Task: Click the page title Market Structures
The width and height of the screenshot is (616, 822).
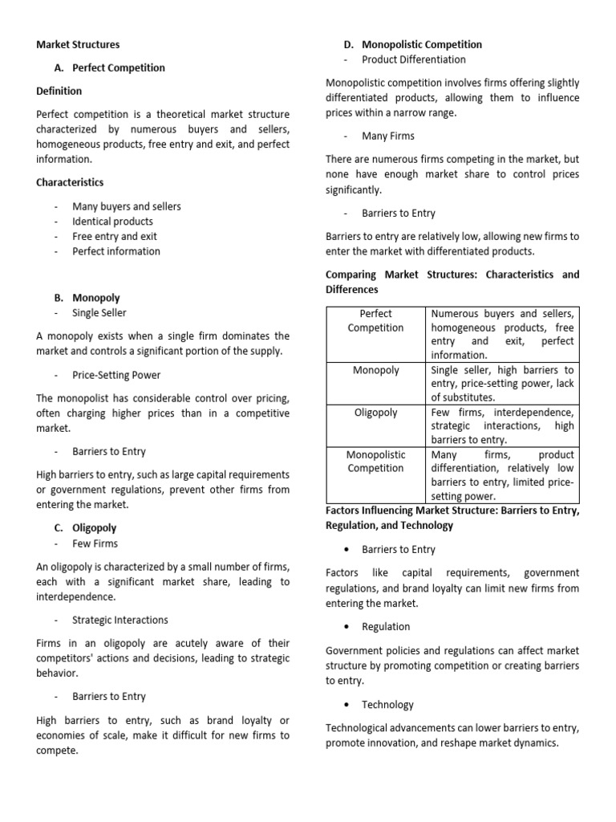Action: click(x=78, y=45)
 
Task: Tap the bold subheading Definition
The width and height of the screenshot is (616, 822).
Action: click(x=59, y=91)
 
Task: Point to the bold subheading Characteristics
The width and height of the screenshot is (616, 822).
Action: click(x=70, y=182)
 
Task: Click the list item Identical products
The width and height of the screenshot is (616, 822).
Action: click(x=112, y=221)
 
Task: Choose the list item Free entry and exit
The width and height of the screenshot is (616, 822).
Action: click(x=115, y=236)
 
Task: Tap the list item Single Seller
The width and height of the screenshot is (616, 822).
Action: click(x=99, y=312)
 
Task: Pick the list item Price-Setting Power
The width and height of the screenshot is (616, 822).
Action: click(x=116, y=374)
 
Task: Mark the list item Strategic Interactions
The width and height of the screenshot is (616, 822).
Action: click(x=120, y=620)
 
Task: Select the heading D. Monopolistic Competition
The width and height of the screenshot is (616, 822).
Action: click(x=412, y=44)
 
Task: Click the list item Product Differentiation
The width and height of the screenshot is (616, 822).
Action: click(x=414, y=59)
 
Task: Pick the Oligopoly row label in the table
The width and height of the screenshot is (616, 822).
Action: click(x=375, y=413)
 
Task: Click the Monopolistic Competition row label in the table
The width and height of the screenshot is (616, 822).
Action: click(x=375, y=462)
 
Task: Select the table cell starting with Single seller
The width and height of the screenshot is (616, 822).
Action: click(x=502, y=384)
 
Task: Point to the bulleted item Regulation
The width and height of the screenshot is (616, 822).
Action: click(x=386, y=626)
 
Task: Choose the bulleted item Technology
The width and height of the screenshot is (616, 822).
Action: click(x=387, y=704)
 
